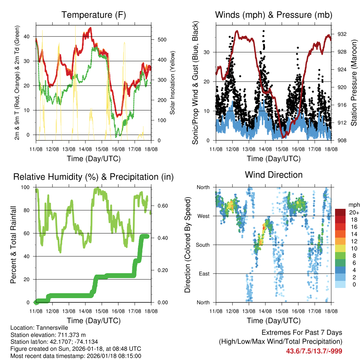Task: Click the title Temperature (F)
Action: pos(94,15)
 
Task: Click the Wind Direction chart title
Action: pos(274,175)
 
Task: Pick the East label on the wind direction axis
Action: pos(204,274)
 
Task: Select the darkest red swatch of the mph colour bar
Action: pos(340,212)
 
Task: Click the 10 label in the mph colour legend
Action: pos(351,248)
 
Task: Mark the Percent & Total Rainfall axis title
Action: pos(13,245)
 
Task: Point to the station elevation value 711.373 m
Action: pos(70,335)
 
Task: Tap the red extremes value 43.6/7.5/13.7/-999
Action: pos(314,351)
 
